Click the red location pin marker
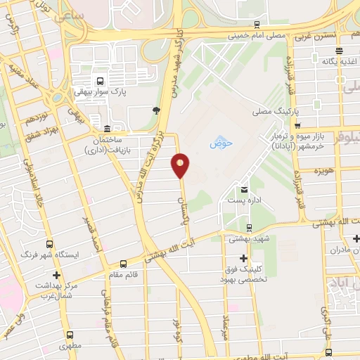181,165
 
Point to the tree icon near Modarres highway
156,110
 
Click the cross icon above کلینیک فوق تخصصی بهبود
244,259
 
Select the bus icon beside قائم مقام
124,264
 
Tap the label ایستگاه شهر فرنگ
58,254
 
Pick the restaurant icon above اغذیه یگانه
340,50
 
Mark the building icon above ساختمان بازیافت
106,129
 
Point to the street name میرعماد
226,326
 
